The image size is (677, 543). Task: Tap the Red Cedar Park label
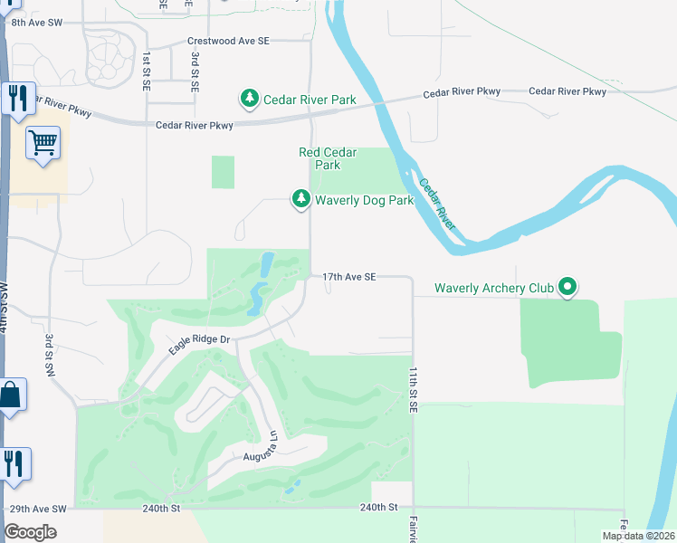point(328,158)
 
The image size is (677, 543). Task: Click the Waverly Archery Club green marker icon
point(567,288)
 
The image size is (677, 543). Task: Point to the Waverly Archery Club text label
point(493,289)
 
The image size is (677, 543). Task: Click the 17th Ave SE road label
point(348,277)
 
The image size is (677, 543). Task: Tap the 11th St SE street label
point(412,391)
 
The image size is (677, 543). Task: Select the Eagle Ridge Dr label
point(201,339)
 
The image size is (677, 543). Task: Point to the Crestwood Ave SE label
point(228,41)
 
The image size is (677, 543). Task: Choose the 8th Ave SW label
point(38,20)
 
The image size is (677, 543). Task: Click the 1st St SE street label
point(147,71)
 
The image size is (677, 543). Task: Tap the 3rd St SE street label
point(195,71)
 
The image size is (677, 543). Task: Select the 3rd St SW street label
point(50,354)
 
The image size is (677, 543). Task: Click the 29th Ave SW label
point(37,510)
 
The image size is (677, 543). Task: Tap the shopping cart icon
point(43,143)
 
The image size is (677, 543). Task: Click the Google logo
point(31,531)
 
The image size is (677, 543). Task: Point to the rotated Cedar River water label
point(443,201)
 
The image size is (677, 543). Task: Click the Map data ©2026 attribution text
point(637,536)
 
